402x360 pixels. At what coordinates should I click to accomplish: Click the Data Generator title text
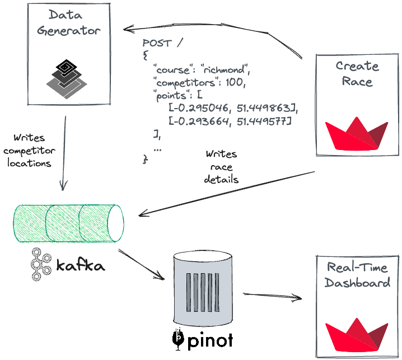point(69,22)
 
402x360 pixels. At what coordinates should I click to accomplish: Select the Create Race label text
point(357,73)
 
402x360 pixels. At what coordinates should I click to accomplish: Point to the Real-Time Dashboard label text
point(357,274)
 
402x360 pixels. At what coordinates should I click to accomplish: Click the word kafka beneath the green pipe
point(80,265)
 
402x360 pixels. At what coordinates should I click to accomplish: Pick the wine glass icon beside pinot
point(177,338)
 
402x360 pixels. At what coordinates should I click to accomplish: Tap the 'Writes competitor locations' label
point(27,150)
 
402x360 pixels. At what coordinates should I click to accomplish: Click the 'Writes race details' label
point(221,167)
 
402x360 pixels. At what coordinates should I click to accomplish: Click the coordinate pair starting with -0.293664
point(230,121)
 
